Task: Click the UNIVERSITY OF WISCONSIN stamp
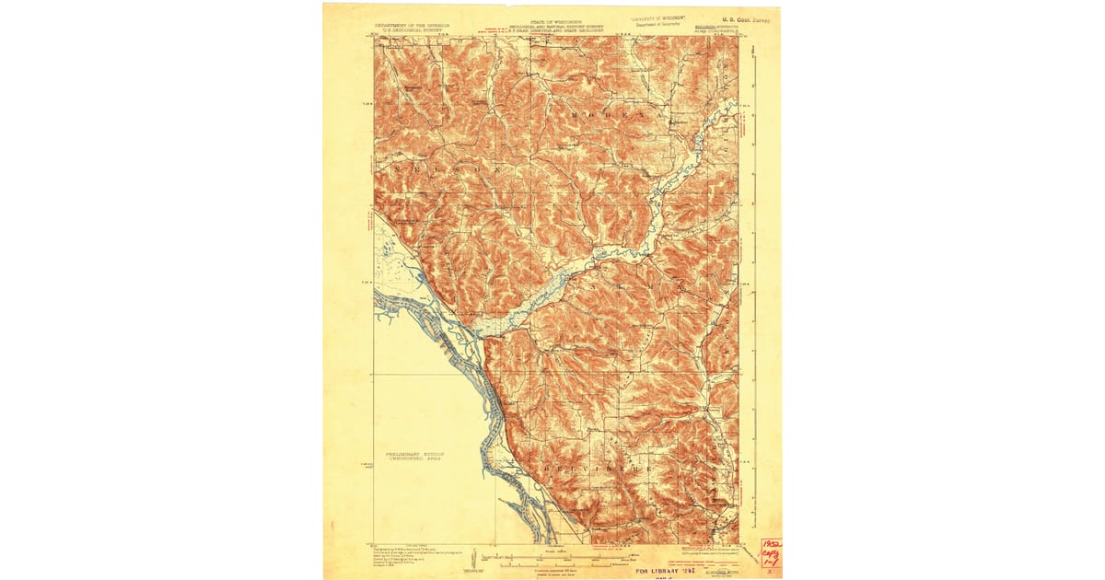(662, 17)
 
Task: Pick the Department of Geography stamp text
(662, 24)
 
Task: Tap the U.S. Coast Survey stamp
(748, 17)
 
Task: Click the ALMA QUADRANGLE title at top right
(715, 32)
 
